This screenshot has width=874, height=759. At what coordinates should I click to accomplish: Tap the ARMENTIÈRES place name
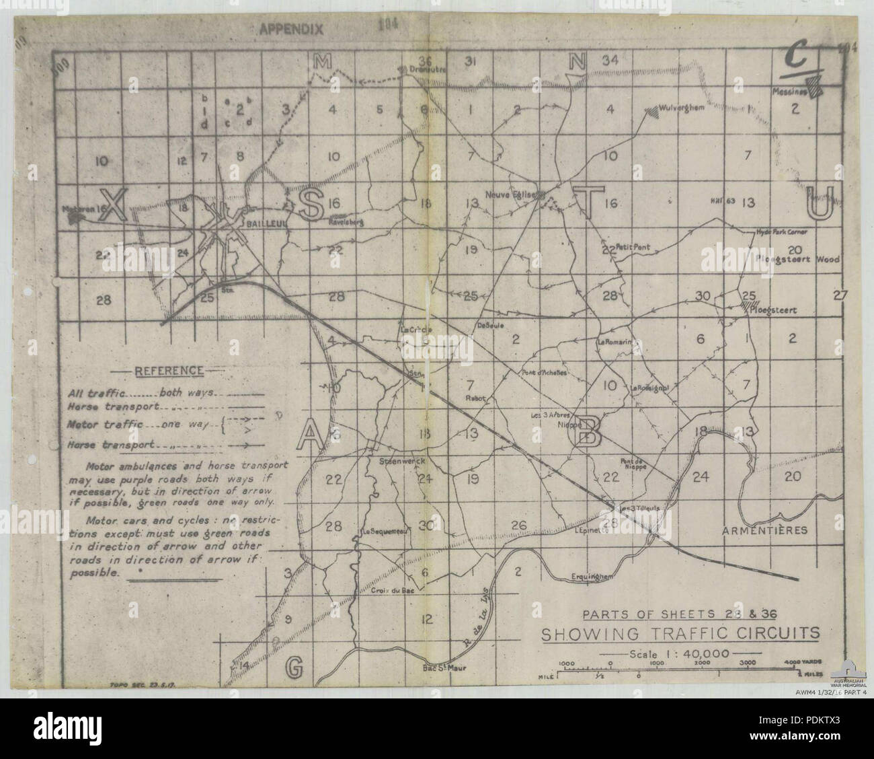[x=764, y=530]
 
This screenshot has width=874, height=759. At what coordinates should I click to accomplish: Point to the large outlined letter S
[x=311, y=204]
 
